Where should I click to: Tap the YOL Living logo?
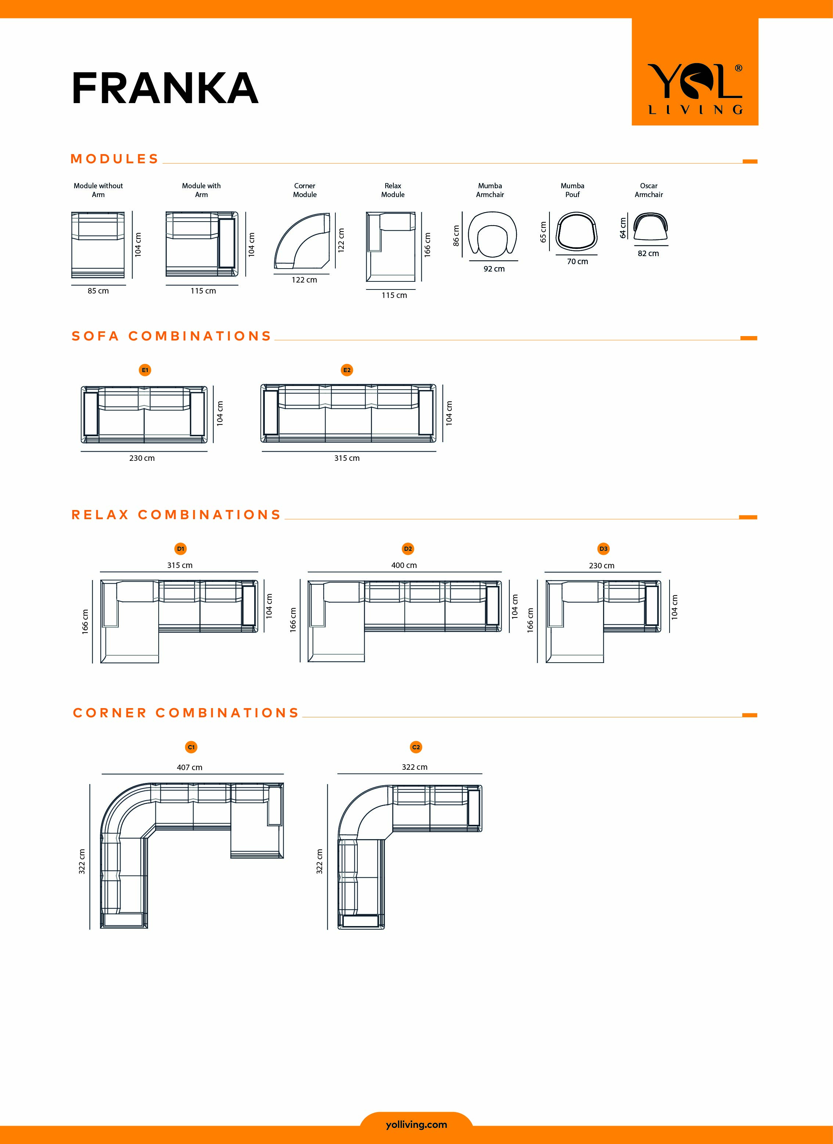pos(695,89)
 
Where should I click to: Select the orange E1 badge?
pos(145,370)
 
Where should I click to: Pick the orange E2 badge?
pos(347,370)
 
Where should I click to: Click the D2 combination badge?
pos(408,549)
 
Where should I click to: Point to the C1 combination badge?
pos(191,747)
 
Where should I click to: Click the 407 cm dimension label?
pos(189,767)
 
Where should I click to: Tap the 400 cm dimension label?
pos(404,565)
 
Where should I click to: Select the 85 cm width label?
pos(98,291)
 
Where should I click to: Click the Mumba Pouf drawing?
pos(577,232)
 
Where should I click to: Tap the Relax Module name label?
pos(393,190)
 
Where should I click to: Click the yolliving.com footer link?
pos(416,1125)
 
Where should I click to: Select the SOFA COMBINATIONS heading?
pos(172,336)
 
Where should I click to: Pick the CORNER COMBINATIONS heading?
pos(186,713)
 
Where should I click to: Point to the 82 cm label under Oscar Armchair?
pos(648,254)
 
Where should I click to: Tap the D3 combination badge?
pos(603,549)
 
